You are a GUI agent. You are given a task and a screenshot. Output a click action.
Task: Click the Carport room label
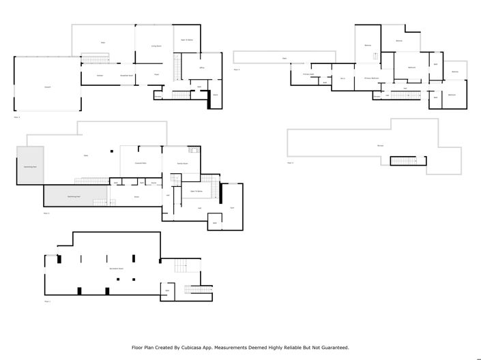tap(48, 87)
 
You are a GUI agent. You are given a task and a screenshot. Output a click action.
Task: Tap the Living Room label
tap(156, 46)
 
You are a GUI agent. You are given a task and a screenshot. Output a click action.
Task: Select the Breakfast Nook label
tap(126, 75)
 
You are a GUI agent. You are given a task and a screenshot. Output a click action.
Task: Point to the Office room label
tap(203, 69)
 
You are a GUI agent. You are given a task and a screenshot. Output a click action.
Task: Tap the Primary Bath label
tap(308, 74)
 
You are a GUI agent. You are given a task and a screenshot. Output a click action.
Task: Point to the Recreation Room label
tap(116, 269)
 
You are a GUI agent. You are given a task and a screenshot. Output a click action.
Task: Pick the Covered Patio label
tap(141, 164)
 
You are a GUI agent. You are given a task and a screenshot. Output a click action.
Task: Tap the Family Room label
tap(183, 164)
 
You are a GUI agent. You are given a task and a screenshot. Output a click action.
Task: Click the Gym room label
tap(232, 207)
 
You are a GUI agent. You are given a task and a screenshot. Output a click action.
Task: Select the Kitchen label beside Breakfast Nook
tap(100, 75)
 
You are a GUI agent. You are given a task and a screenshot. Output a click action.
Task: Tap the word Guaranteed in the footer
tap(331, 347)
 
